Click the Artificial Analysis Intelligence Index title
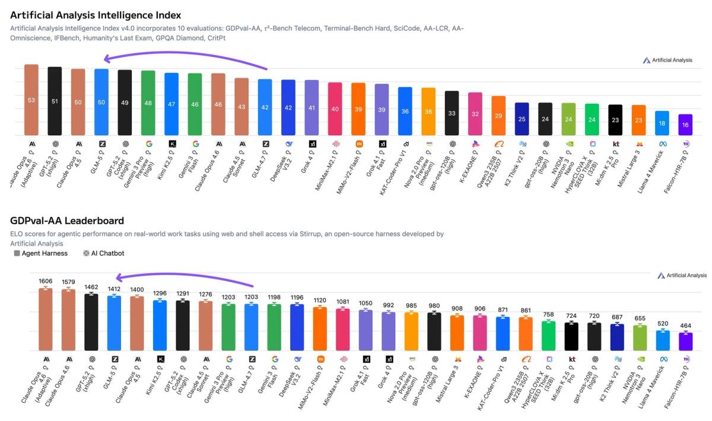click(96, 15)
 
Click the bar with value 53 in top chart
click(31, 100)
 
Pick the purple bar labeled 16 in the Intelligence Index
click(685, 125)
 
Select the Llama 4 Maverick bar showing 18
click(662, 123)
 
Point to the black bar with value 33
click(452, 113)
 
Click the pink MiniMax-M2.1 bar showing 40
click(335, 109)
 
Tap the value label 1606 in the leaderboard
click(46, 281)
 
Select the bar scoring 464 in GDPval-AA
click(686, 342)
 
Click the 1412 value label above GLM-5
click(115, 289)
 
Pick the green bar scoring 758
click(549, 335)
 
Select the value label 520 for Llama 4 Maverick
click(663, 324)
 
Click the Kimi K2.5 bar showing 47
click(171, 104)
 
